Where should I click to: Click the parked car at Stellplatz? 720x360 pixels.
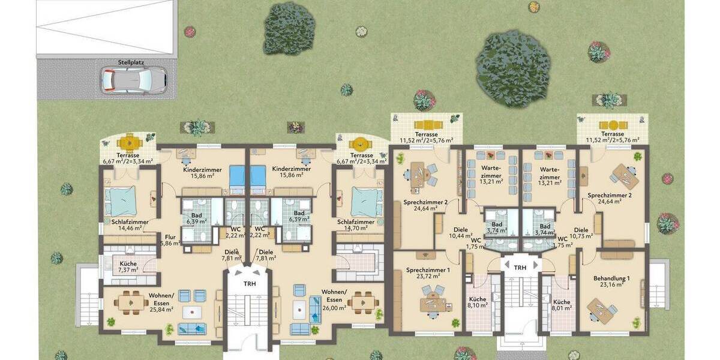pos(133,79)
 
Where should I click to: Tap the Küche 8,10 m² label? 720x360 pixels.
pos(478,301)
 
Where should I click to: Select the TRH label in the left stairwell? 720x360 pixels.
pos(249,283)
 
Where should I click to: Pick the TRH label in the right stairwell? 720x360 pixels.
pos(520,268)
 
